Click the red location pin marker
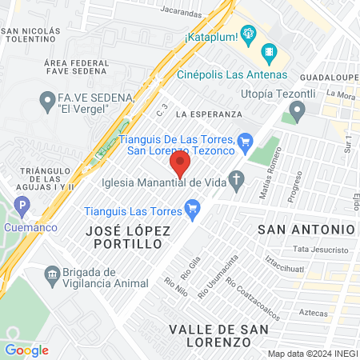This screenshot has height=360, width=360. (180, 166)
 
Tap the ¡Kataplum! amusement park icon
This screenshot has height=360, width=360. (249, 35)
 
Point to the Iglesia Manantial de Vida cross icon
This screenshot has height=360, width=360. (236, 182)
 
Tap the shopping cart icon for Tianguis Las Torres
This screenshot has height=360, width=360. (191, 211)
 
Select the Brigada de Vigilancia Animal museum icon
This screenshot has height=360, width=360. (53, 276)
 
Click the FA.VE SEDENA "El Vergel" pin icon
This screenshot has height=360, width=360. (46, 101)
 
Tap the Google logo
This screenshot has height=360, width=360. (26, 350)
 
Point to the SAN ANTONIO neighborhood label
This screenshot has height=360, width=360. (306, 229)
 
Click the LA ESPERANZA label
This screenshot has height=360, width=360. (204, 114)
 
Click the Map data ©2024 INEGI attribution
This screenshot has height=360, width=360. (312, 353)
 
